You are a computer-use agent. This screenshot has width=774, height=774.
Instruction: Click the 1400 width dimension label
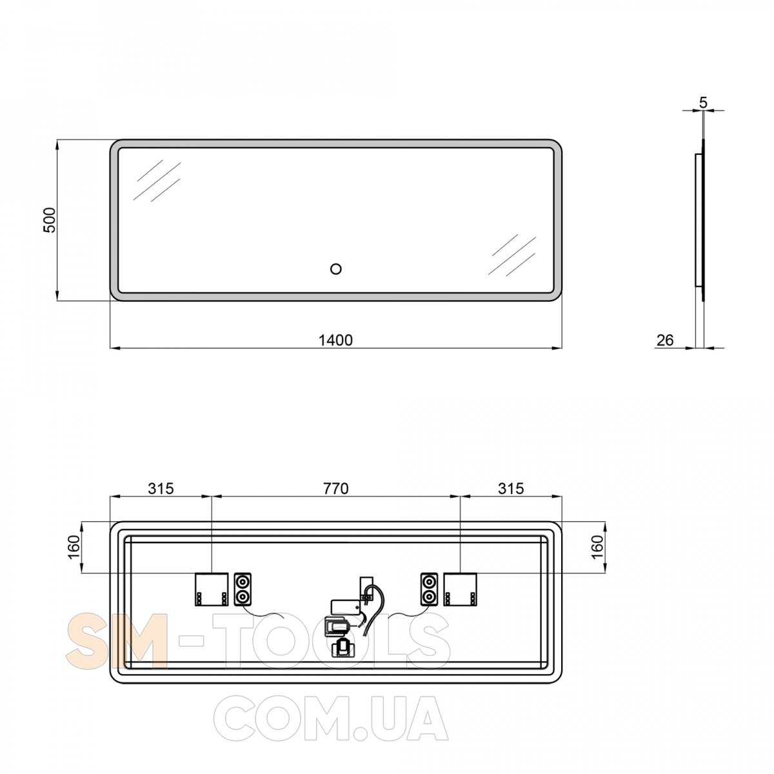click(335, 340)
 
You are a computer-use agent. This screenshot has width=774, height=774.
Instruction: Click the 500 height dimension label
click(50, 220)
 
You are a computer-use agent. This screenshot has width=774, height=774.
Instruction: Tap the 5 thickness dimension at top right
click(703, 103)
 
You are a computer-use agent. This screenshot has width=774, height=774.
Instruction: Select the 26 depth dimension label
click(665, 340)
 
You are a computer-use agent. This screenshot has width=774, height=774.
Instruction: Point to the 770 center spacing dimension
click(336, 488)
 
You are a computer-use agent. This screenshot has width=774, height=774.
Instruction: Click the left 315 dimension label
click(161, 488)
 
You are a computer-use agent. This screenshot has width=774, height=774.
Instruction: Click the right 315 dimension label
click(511, 488)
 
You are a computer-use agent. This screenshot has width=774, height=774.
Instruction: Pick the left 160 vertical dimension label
click(74, 547)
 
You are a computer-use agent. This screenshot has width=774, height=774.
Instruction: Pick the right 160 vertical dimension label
click(598, 547)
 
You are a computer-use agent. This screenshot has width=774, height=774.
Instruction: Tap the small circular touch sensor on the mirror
click(335, 269)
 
